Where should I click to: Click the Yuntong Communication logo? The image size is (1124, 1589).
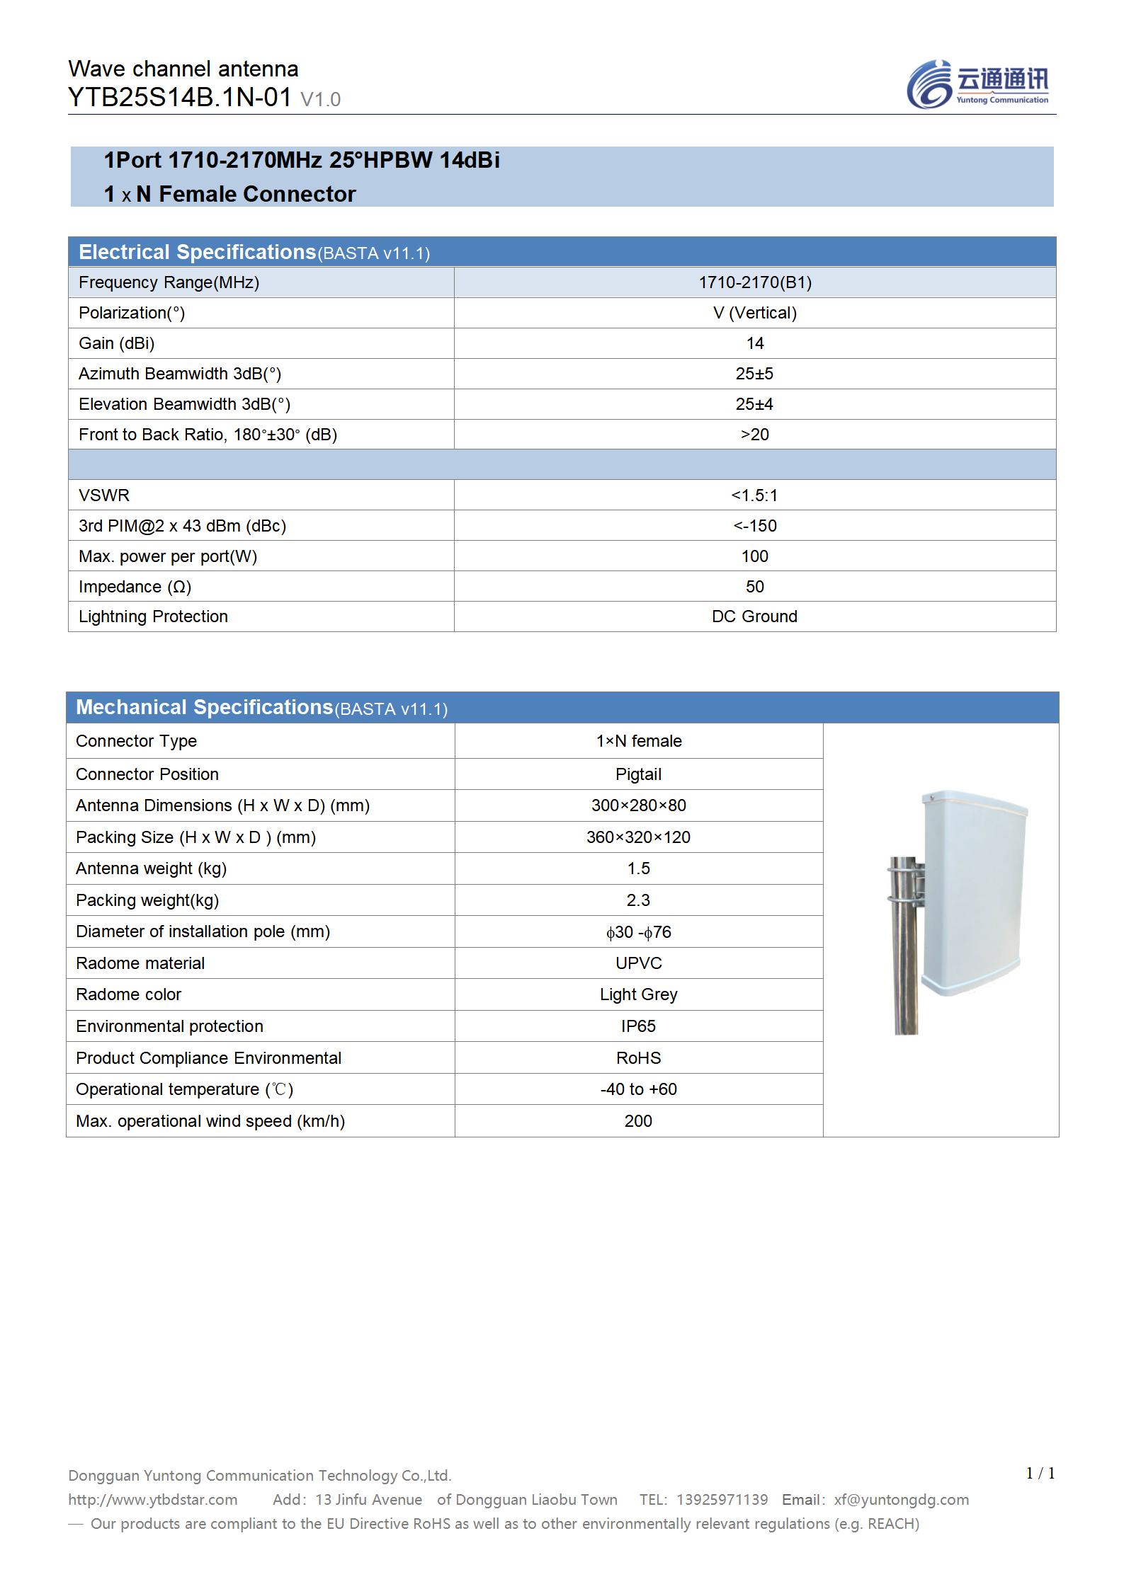point(977,85)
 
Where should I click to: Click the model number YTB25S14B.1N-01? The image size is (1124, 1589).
point(180,97)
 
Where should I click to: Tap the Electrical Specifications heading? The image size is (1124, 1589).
point(197,252)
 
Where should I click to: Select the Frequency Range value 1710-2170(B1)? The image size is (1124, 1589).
point(755,282)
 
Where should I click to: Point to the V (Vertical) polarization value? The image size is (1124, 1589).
point(755,313)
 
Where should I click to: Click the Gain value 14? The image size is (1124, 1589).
point(755,343)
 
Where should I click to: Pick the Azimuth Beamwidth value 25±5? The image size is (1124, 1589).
point(755,374)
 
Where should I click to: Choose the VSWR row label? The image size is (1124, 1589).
point(104,495)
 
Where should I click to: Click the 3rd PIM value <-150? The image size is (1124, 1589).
point(755,526)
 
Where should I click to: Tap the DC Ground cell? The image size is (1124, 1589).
point(755,616)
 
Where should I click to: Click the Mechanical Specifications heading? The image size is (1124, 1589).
point(204,707)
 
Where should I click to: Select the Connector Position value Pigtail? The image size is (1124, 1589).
point(638,774)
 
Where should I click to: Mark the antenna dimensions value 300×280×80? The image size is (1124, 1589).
point(638,805)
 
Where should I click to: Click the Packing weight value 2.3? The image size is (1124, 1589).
point(638,900)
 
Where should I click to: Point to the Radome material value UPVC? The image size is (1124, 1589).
point(638,963)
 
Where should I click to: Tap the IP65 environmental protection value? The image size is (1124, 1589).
point(638,1026)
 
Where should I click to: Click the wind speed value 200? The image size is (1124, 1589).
point(638,1121)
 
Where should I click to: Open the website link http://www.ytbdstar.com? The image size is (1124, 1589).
point(153,1500)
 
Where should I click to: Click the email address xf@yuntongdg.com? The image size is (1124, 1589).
point(901,1500)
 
